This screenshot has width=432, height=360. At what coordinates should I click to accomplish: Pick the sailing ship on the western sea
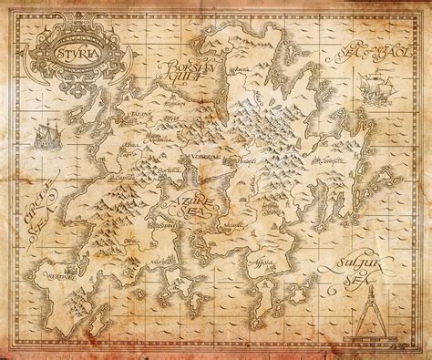46,139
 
